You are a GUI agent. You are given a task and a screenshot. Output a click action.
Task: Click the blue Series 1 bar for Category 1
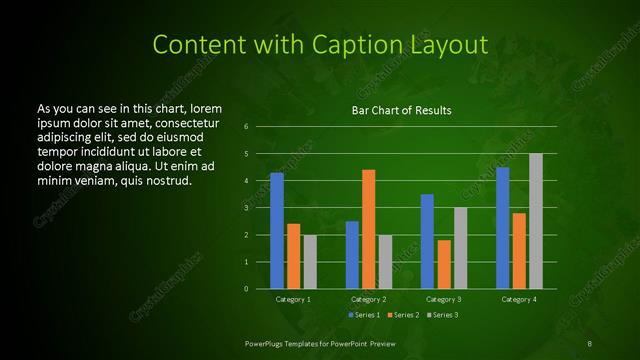coord(277,231)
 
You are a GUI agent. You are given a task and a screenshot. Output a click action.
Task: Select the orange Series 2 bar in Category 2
coord(369,229)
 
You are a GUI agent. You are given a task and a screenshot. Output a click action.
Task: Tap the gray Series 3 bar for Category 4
coord(536,221)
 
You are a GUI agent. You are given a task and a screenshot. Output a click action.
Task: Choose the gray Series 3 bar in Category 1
coord(310,261)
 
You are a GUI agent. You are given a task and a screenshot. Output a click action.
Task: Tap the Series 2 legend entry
coord(401,315)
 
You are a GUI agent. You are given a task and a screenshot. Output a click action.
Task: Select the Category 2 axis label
coord(369,299)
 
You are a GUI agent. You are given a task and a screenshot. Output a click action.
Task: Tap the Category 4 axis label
coord(519,299)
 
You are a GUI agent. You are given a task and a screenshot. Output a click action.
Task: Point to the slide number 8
coord(590,342)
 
